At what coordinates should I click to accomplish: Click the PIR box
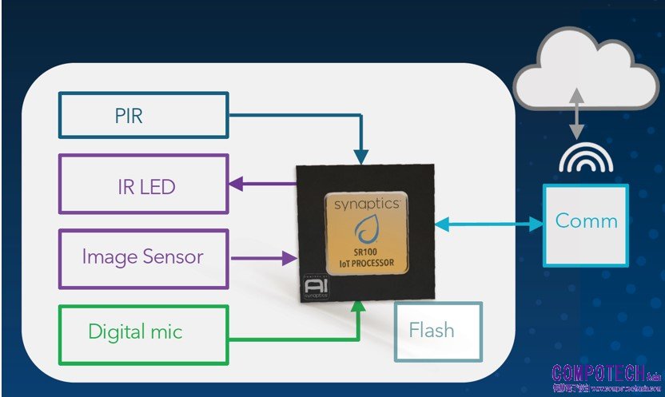click(142, 114)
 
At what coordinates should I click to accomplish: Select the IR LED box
click(142, 185)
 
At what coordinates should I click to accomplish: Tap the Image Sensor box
click(142, 258)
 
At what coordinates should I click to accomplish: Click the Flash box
click(439, 329)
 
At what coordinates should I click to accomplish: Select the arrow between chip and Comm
click(489, 224)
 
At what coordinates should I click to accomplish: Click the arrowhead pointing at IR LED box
click(236, 185)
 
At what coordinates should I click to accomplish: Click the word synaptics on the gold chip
click(366, 204)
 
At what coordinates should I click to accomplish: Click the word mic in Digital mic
click(167, 331)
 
